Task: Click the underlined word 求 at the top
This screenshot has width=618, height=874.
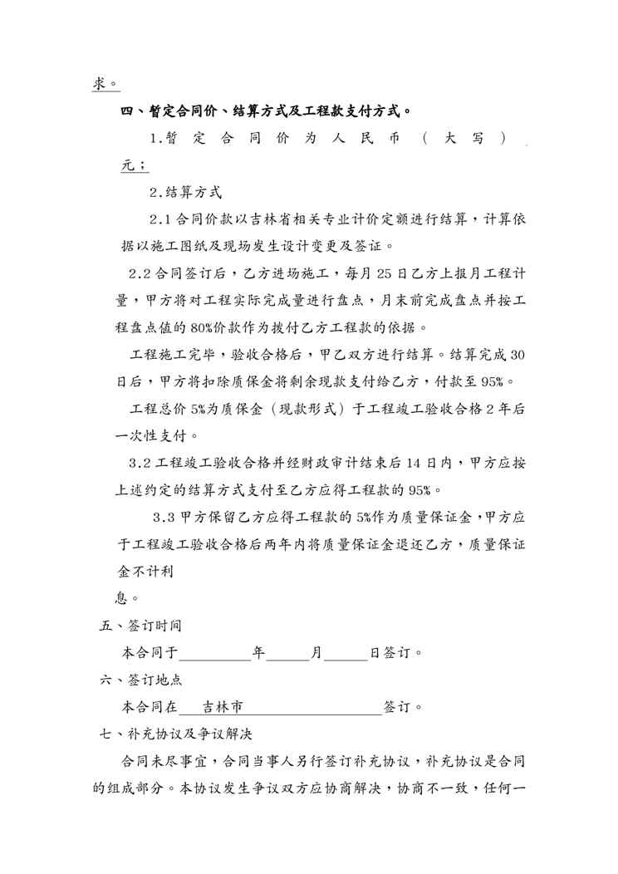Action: pyautogui.click(x=99, y=83)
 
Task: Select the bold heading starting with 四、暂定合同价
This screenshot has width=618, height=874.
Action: pyautogui.click(x=267, y=110)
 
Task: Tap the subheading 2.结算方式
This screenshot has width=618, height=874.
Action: pyautogui.click(x=185, y=192)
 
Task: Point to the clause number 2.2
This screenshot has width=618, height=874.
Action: pyautogui.click(x=139, y=273)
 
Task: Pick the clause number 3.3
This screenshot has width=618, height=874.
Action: pyautogui.click(x=164, y=517)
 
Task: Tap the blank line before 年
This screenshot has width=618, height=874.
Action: pyautogui.click(x=215, y=653)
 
